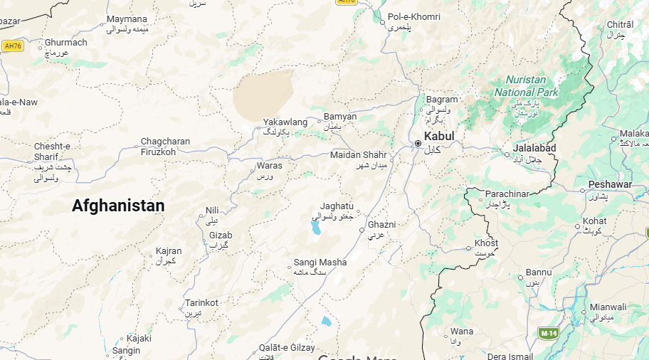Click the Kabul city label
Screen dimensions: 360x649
pos(438,136)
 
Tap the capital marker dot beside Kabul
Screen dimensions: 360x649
pos(418,144)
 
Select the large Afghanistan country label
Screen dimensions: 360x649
pos(118,206)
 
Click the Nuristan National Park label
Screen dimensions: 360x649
pos(527,87)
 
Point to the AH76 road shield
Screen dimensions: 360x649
pos(13,46)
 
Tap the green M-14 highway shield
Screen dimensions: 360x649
pos(547,333)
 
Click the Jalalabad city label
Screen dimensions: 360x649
pos(534,148)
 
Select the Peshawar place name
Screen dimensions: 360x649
pos(610,185)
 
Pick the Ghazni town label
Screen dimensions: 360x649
pos(381,225)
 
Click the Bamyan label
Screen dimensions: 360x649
pos(339,117)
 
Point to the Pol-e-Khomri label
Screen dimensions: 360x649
pos(413,17)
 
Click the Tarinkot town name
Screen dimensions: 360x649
pos(201,302)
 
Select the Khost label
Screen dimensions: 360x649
pos(486,244)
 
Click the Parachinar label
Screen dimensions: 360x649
pos(508,194)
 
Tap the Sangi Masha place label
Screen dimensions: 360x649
pos(320,263)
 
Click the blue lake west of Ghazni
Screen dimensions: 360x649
pos(315,228)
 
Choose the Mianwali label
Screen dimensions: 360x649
pos(608,307)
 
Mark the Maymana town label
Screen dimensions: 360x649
pos(127,19)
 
